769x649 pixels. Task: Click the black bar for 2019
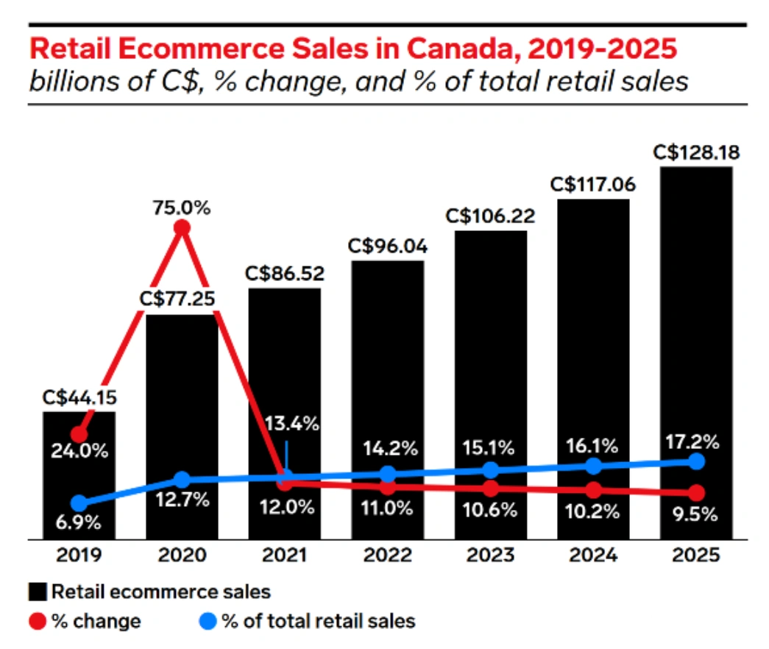coord(79,475)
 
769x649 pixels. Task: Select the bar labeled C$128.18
coord(696,353)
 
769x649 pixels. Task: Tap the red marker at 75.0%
coord(182,228)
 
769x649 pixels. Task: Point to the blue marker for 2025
coord(697,461)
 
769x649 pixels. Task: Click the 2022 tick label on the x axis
coord(388,555)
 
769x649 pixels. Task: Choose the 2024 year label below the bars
coord(594,555)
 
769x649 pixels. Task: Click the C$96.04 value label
coord(388,246)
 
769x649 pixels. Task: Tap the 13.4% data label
coord(293,424)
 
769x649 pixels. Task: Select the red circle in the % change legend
coord(39,621)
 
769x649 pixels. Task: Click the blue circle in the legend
coord(209,621)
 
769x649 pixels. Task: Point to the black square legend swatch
coord(39,591)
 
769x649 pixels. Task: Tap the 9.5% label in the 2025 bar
coord(696,514)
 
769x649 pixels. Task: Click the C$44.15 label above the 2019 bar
coord(79,398)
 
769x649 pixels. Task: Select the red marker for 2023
coord(491,488)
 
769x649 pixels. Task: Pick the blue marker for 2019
coord(79,503)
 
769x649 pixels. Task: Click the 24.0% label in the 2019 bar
coord(79,450)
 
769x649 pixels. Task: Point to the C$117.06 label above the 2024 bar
coord(594,184)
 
